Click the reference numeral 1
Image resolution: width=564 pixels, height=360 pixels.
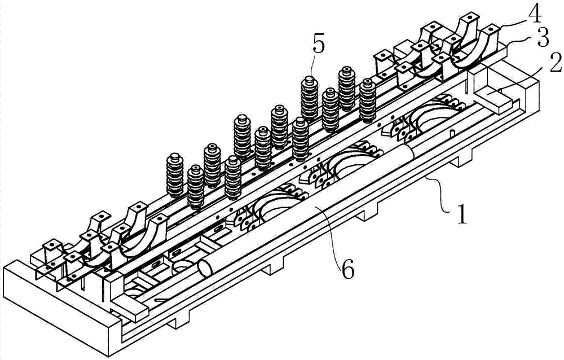coord(461,212)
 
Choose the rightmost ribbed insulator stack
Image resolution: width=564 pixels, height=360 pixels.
coord(368,97)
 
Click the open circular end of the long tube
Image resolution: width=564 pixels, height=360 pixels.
coord(205,269)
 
